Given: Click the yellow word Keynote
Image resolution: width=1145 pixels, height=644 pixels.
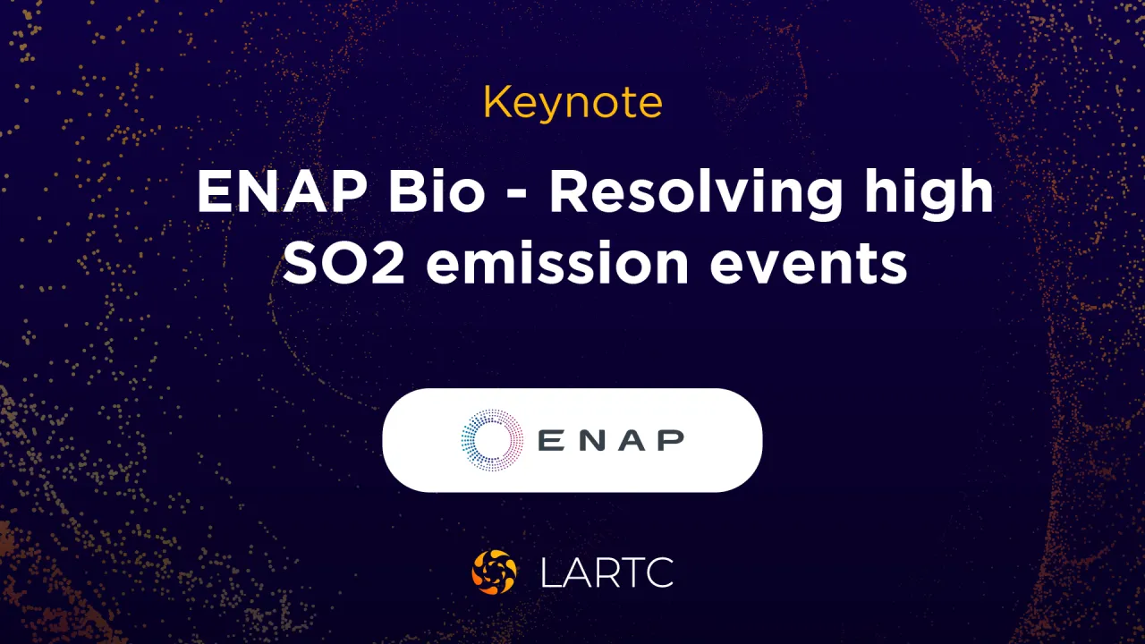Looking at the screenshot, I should tap(572, 104).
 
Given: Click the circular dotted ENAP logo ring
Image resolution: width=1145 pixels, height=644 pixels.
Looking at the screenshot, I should tap(492, 439).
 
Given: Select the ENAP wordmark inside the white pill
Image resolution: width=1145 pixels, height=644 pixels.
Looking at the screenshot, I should tap(612, 439).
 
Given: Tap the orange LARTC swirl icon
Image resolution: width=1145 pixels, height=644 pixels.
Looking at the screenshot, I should tap(494, 572).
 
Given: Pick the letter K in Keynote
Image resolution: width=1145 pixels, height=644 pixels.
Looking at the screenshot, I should tap(495, 104).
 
